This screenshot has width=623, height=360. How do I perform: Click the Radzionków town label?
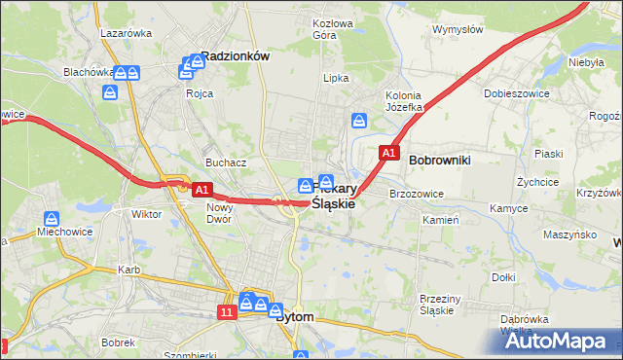[x=235, y=56]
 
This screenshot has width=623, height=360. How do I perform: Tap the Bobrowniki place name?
[x=440, y=158]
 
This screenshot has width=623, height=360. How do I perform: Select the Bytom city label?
[x=295, y=317]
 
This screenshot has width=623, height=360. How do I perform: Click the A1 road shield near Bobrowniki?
[x=388, y=154]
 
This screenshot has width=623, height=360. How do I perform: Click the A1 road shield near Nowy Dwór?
[x=202, y=191]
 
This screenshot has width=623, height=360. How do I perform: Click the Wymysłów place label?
[x=458, y=29]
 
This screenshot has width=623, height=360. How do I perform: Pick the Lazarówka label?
[x=127, y=32]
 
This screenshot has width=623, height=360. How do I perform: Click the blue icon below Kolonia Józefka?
[x=359, y=121]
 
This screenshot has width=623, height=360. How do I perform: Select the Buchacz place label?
[x=224, y=162]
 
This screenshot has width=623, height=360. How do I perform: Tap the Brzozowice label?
[x=417, y=194]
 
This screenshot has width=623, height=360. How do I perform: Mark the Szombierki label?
[x=188, y=354]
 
